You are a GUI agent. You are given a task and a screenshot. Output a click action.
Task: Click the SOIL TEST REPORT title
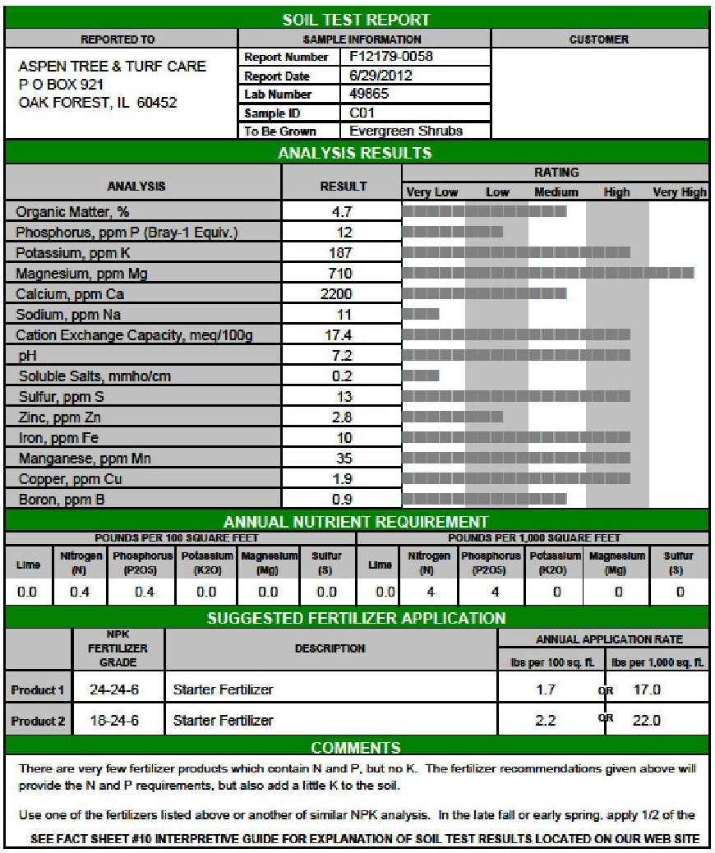pyautogui.click(x=357, y=19)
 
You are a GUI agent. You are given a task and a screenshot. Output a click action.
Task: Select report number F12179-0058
pyautogui.click(x=391, y=57)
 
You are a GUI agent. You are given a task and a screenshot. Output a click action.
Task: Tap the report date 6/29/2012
pyautogui.click(x=381, y=76)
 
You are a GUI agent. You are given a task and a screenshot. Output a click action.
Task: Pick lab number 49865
pyautogui.click(x=370, y=94)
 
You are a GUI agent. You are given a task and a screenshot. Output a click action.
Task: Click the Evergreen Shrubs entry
pyautogui.click(x=406, y=131)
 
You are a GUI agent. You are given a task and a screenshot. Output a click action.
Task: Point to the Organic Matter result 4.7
pyautogui.click(x=342, y=212)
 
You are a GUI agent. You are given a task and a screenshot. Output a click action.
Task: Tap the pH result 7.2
pyautogui.click(x=342, y=356)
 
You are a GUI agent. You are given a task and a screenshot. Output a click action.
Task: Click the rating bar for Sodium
pyautogui.click(x=422, y=314)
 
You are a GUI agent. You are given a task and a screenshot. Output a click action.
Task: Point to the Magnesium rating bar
pyautogui.click(x=549, y=273)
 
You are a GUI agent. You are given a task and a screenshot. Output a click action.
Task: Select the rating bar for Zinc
pyautogui.click(x=453, y=417)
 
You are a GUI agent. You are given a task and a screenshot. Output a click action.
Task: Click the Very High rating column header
pyautogui.click(x=680, y=192)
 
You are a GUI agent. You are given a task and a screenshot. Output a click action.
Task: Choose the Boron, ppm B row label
pyautogui.click(x=62, y=500)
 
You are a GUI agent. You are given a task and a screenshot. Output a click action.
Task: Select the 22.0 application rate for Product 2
pyautogui.click(x=646, y=721)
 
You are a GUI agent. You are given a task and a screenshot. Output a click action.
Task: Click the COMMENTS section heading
pyautogui.click(x=356, y=747)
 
